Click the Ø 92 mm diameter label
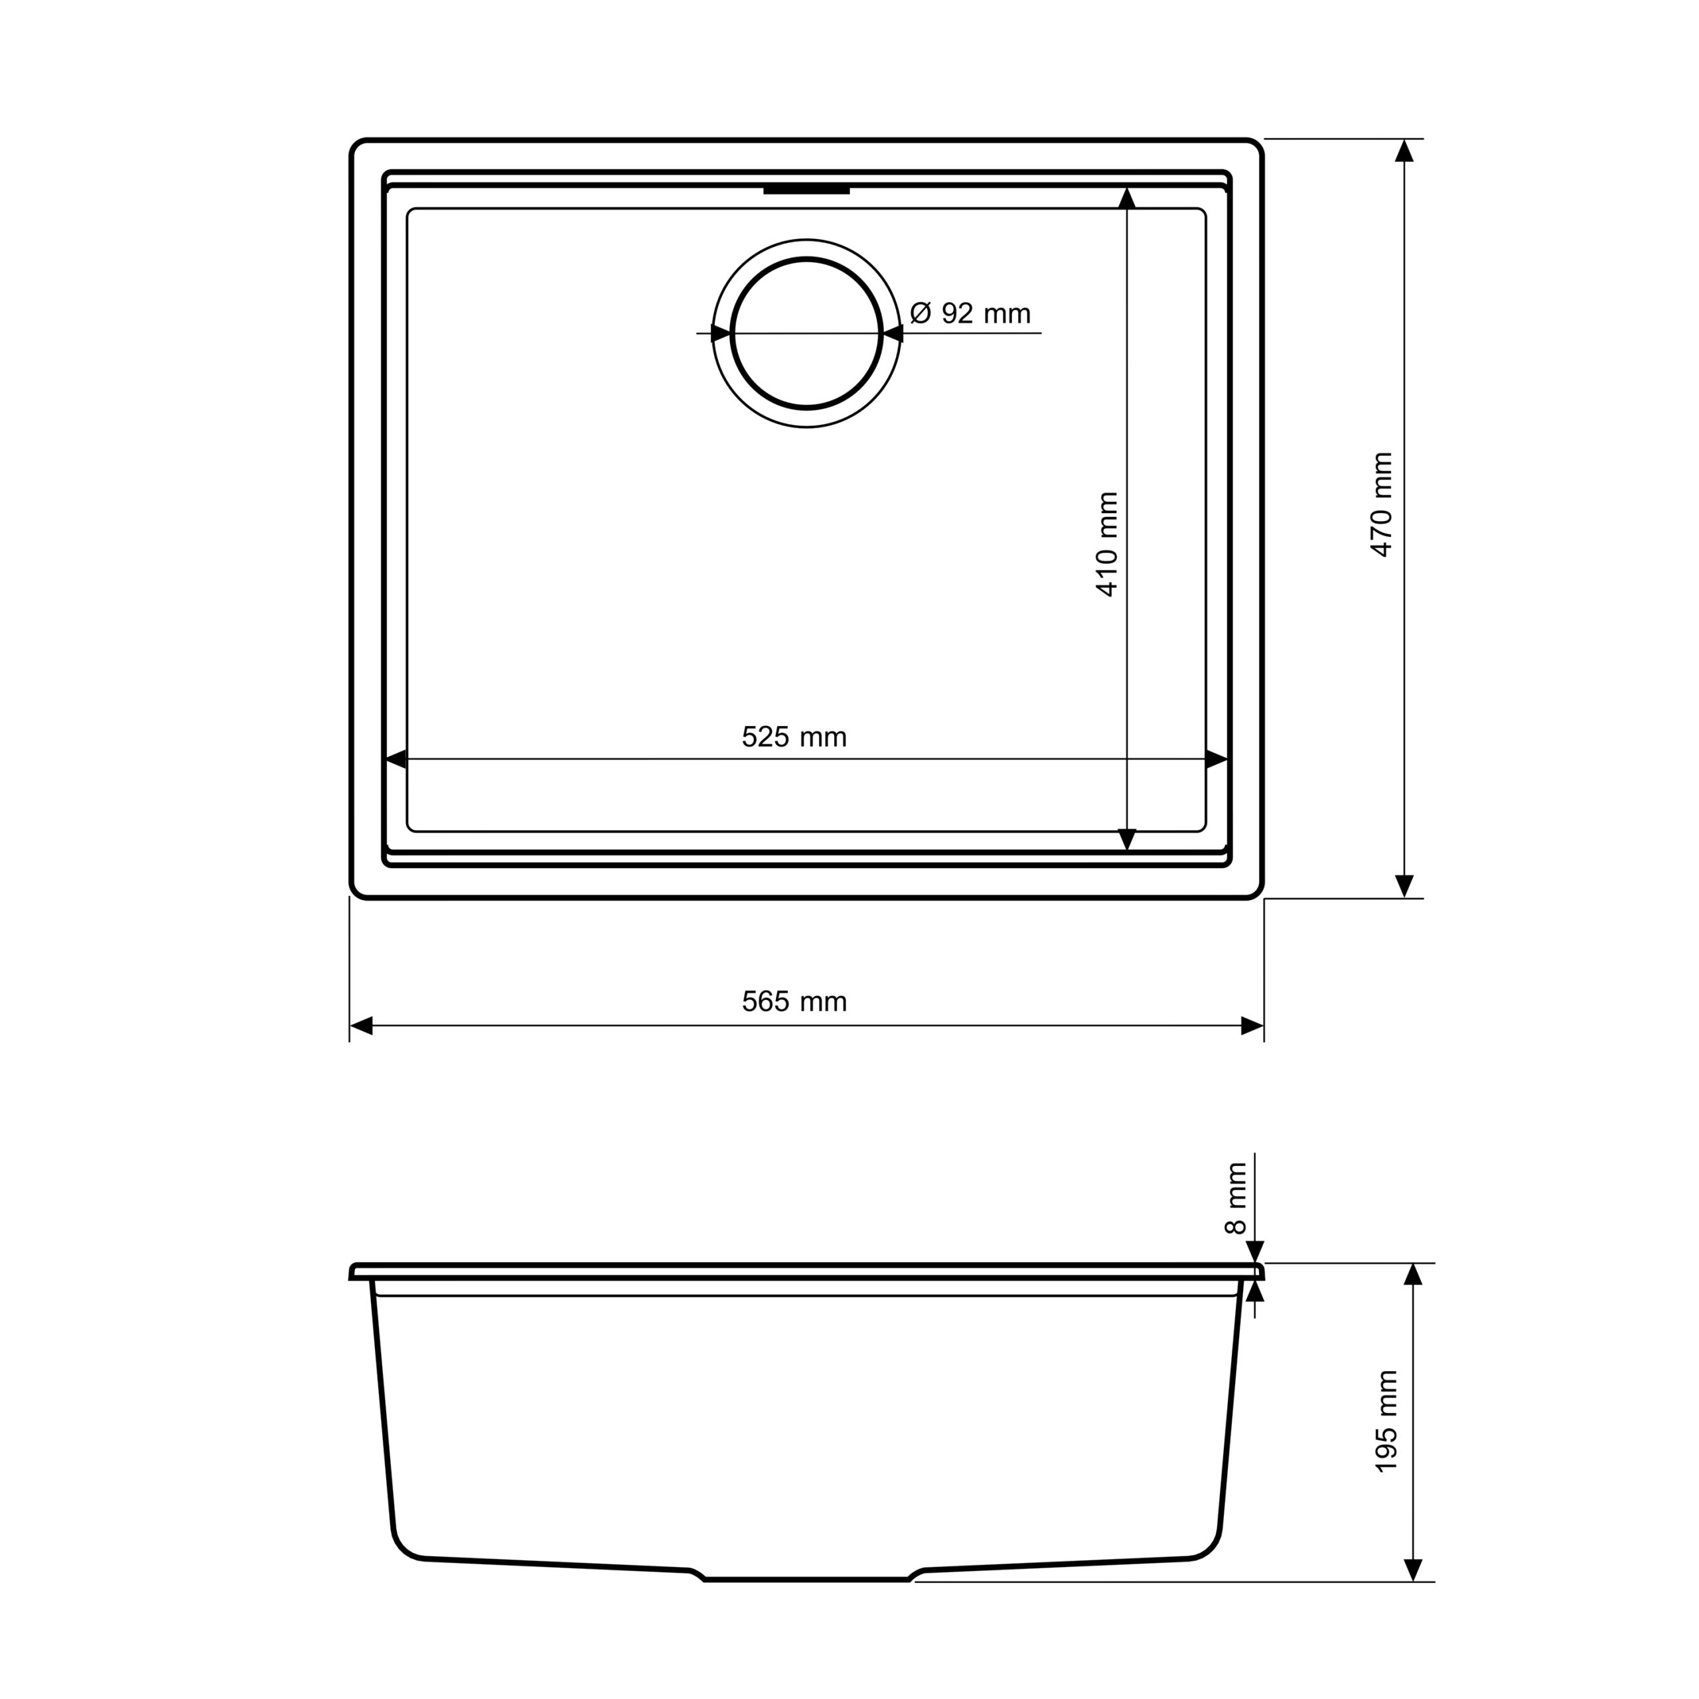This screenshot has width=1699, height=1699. (x=970, y=313)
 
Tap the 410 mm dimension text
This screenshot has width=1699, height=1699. (x=1107, y=544)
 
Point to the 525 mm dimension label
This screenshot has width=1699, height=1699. (x=794, y=737)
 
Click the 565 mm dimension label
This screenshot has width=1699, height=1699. (x=794, y=1001)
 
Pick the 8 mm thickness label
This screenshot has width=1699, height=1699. (x=1236, y=1199)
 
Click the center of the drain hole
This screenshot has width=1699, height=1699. (x=806, y=333)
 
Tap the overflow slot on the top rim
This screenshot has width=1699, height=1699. (x=806, y=189)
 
